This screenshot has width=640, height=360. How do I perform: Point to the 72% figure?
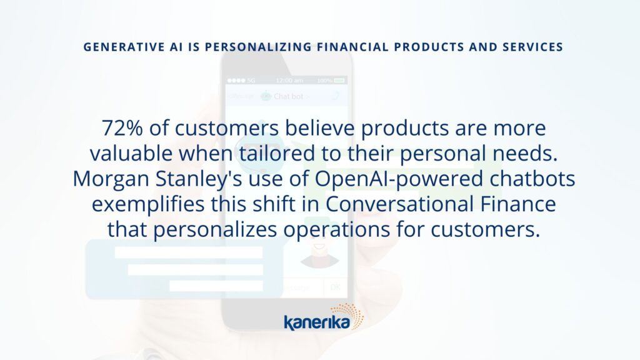[x=122, y=127]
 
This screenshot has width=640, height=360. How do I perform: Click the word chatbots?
[x=532, y=179]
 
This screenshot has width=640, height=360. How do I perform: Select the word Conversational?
[x=399, y=204]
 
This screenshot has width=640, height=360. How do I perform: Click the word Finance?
[x=518, y=204]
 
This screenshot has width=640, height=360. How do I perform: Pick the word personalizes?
[x=215, y=230]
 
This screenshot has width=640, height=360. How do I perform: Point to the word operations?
[x=337, y=230]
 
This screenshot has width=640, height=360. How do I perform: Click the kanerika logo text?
[x=317, y=322]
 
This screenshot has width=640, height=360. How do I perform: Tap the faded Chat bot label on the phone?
[x=288, y=96]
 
